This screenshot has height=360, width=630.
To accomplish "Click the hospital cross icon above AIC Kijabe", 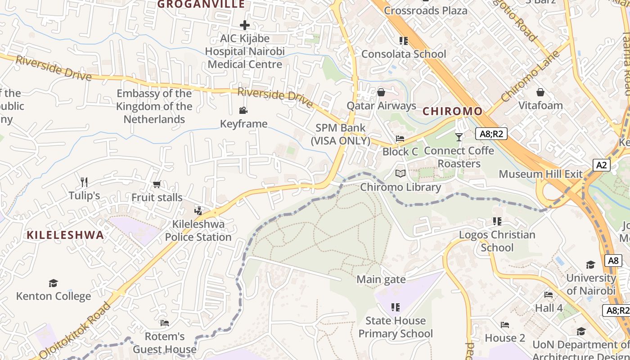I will click(x=245, y=25).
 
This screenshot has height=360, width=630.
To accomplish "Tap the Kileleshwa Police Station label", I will click(x=198, y=230).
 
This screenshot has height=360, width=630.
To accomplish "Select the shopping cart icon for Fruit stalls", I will click(x=157, y=184).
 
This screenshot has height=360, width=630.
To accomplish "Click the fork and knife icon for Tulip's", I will click(x=84, y=182).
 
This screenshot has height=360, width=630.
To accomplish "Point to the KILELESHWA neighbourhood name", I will click(x=65, y=235).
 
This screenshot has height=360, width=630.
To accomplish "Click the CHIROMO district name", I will click(x=452, y=111).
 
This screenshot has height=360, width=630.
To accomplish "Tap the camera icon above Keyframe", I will click(x=243, y=110).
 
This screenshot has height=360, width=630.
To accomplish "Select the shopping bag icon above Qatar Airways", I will click(x=381, y=92).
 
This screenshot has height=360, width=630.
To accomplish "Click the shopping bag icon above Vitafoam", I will click(x=540, y=92).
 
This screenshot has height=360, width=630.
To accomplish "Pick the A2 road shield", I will click(x=602, y=165).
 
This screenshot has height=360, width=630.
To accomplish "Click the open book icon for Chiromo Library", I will click(x=400, y=174).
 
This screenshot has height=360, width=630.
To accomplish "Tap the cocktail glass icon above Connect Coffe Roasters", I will click(x=459, y=137).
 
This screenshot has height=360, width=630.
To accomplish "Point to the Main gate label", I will click(x=381, y=279).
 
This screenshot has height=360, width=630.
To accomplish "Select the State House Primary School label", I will click(x=396, y=327).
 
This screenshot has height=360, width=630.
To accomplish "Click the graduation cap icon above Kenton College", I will click(x=54, y=283).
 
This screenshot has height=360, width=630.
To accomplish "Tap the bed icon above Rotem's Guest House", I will click(x=165, y=323).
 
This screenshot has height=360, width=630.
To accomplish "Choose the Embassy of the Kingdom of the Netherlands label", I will click(x=154, y=106).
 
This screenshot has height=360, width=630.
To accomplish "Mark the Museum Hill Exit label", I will click(x=540, y=174).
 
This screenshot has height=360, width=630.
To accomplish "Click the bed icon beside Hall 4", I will click(x=549, y=295).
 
